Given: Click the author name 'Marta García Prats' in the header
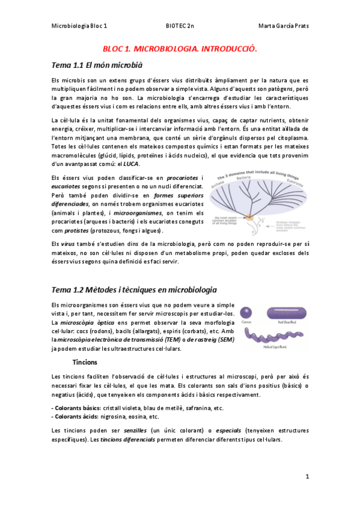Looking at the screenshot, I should (x=282, y=26).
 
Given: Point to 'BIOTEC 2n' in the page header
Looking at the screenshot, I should (x=180, y=26).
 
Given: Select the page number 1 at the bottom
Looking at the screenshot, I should (x=307, y=476).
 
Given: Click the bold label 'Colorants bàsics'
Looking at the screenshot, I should (x=77, y=408).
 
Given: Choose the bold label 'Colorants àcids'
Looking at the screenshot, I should (x=76, y=416).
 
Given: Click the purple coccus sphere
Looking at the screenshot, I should (x=246, y=312).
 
